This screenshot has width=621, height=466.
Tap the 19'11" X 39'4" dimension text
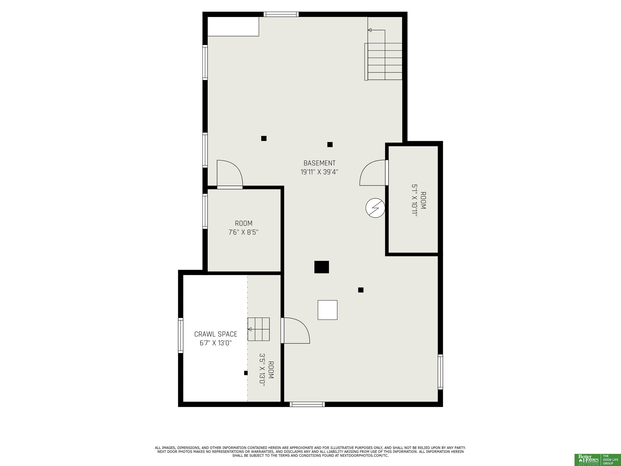[x=319, y=172]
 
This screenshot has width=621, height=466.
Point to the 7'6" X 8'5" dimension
[x=243, y=232]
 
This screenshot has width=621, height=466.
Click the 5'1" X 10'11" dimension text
[x=415, y=200]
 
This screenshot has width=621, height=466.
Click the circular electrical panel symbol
[x=375, y=208]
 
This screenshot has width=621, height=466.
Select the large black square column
[x=321, y=267]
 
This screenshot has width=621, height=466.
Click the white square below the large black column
[x=327, y=310]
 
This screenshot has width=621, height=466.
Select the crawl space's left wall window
[x=181, y=335]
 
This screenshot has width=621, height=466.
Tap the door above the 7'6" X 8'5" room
[x=230, y=174]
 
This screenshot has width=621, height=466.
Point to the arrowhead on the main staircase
[x=370, y=30]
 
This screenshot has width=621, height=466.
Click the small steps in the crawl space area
[x=259, y=329]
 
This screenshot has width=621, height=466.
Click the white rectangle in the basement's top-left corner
[x=233, y=26]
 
